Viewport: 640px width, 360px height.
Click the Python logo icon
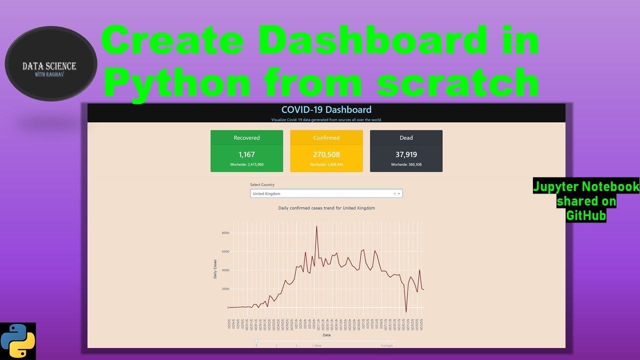pyautogui.click(x=18, y=341)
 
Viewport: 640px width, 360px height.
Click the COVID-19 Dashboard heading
pyautogui.click(x=326, y=109)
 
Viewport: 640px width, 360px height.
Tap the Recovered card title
pyautogui.click(x=246, y=138)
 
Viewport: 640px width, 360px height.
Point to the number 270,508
pyautogui.click(x=326, y=154)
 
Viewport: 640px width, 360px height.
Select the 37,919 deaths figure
pyautogui.click(x=406, y=154)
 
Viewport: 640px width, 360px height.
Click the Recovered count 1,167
pyautogui.click(x=246, y=154)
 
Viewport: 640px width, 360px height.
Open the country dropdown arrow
pyautogui.click(x=399, y=193)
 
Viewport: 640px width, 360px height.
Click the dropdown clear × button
pyautogui.click(x=394, y=193)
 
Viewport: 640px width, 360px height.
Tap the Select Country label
pyautogui.click(x=262, y=185)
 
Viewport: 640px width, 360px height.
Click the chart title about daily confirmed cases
pyautogui.click(x=326, y=208)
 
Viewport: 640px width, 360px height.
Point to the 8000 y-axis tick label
pyautogui.click(x=225, y=233)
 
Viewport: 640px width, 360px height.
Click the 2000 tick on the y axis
pyautogui.click(x=225, y=289)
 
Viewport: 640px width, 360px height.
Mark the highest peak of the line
pyautogui.click(x=316, y=226)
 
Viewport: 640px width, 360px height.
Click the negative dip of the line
pyautogui.click(x=406, y=312)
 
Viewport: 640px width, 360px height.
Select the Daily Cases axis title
pyautogui.click(x=215, y=268)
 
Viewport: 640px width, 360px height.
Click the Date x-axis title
pyautogui.click(x=326, y=335)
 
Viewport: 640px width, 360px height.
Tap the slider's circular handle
pyautogui.click(x=256, y=341)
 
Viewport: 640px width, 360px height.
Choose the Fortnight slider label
pyautogui.click(x=386, y=345)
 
